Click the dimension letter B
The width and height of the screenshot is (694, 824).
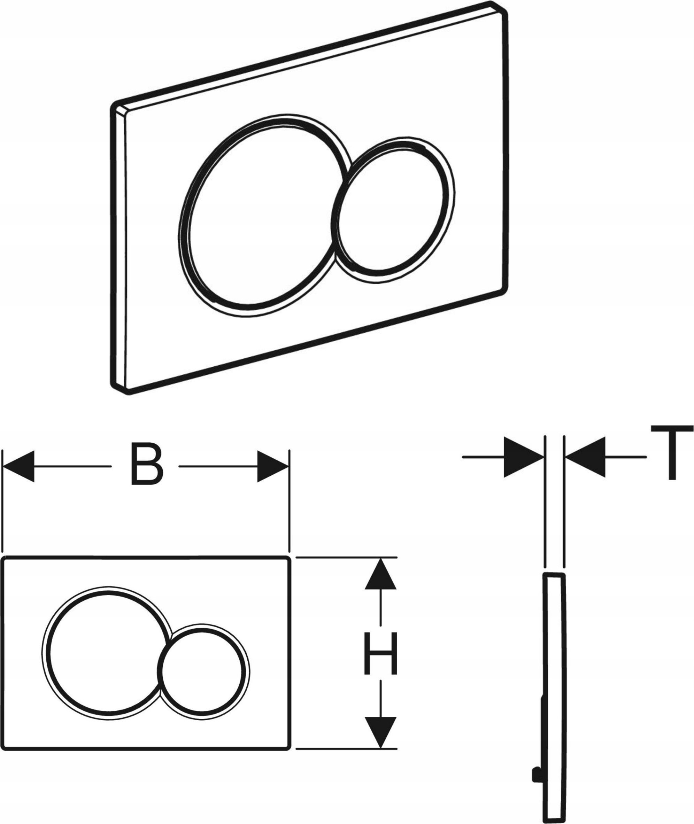coord(146,467)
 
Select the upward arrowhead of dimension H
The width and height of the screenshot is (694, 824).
coord(380,574)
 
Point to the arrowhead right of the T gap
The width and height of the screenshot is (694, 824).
coord(585,457)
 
